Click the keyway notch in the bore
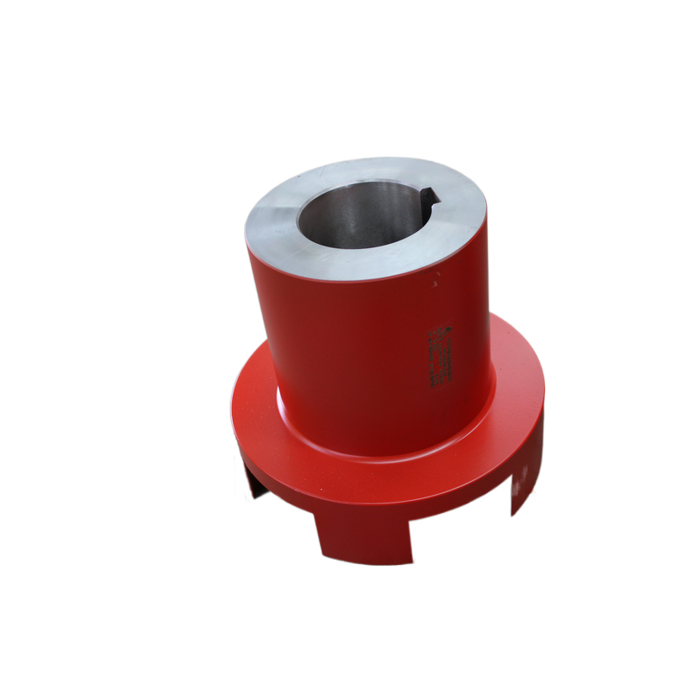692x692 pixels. click(428, 201)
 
